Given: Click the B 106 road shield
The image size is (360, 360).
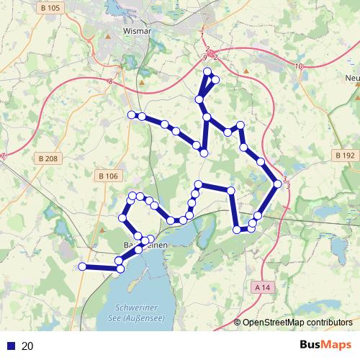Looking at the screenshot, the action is pyautogui.click(x=107, y=176).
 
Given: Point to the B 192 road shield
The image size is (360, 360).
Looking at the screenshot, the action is pyautogui.click(x=344, y=155).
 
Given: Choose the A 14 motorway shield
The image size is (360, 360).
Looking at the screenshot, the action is pyautogui.click(x=265, y=287).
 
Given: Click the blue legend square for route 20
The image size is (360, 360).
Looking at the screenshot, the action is pyautogui.click(x=12, y=346).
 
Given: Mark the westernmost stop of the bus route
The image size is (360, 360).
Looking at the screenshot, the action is pyautogui.click(x=82, y=266).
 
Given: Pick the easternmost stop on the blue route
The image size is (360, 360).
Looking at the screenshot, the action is pyautogui.click(x=278, y=185).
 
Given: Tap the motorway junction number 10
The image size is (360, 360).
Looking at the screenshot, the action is pyautogui.click(x=299, y=66).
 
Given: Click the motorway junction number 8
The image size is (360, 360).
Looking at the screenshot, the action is pyautogui.click(x=110, y=82).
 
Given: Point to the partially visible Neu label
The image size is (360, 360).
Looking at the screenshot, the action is pyautogui.click(x=352, y=78).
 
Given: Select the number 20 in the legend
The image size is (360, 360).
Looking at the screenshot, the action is pyautogui.click(x=28, y=346).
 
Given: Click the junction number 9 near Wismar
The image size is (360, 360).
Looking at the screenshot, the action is pyautogui.click(x=205, y=57).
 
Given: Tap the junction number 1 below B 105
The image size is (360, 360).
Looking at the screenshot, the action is pyautogui.click(x=203, y=35).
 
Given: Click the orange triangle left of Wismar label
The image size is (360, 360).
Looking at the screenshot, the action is pyautogui.click(x=108, y=34).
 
